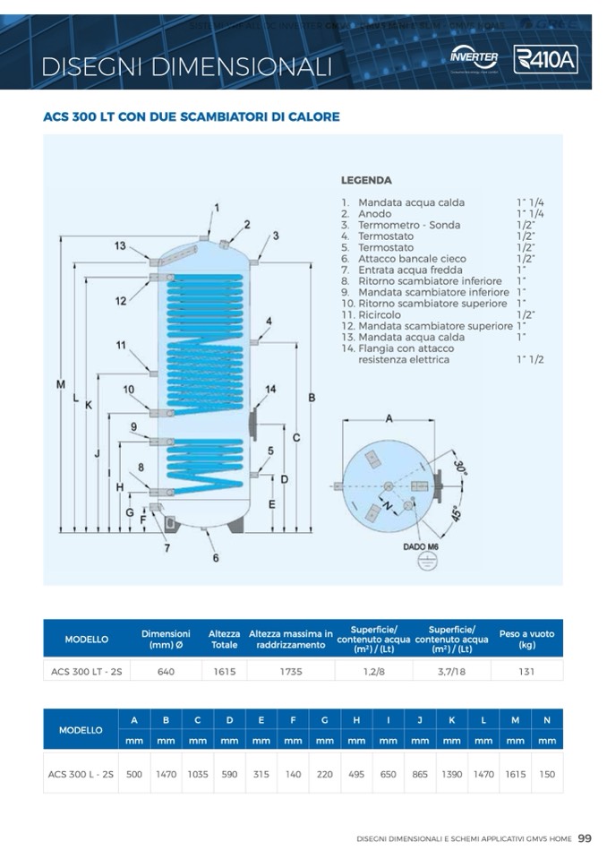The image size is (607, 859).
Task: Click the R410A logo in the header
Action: point(545,60)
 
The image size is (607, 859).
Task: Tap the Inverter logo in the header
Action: point(474,58)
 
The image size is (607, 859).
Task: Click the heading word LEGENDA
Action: point(366,180)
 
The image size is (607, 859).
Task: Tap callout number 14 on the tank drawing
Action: point(270,390)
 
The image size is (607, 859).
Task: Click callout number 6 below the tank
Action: point(216,558)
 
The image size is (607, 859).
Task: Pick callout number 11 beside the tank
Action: point(121,345)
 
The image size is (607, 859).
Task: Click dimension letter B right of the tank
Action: point(311,397)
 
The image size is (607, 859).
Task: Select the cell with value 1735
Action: point(290,671)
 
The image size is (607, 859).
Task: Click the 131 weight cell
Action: point(526,671)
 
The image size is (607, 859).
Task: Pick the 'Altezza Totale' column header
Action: point(224,639)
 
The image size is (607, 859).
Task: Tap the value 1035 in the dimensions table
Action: point(197,775)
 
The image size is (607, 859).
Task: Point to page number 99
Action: point(585,839)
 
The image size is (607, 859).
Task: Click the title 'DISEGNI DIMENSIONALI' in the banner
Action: point(186,66)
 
